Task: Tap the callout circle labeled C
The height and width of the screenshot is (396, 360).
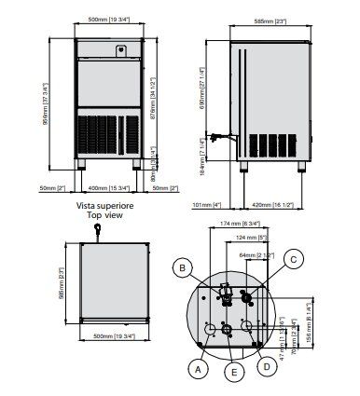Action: [x=294, y=259]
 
